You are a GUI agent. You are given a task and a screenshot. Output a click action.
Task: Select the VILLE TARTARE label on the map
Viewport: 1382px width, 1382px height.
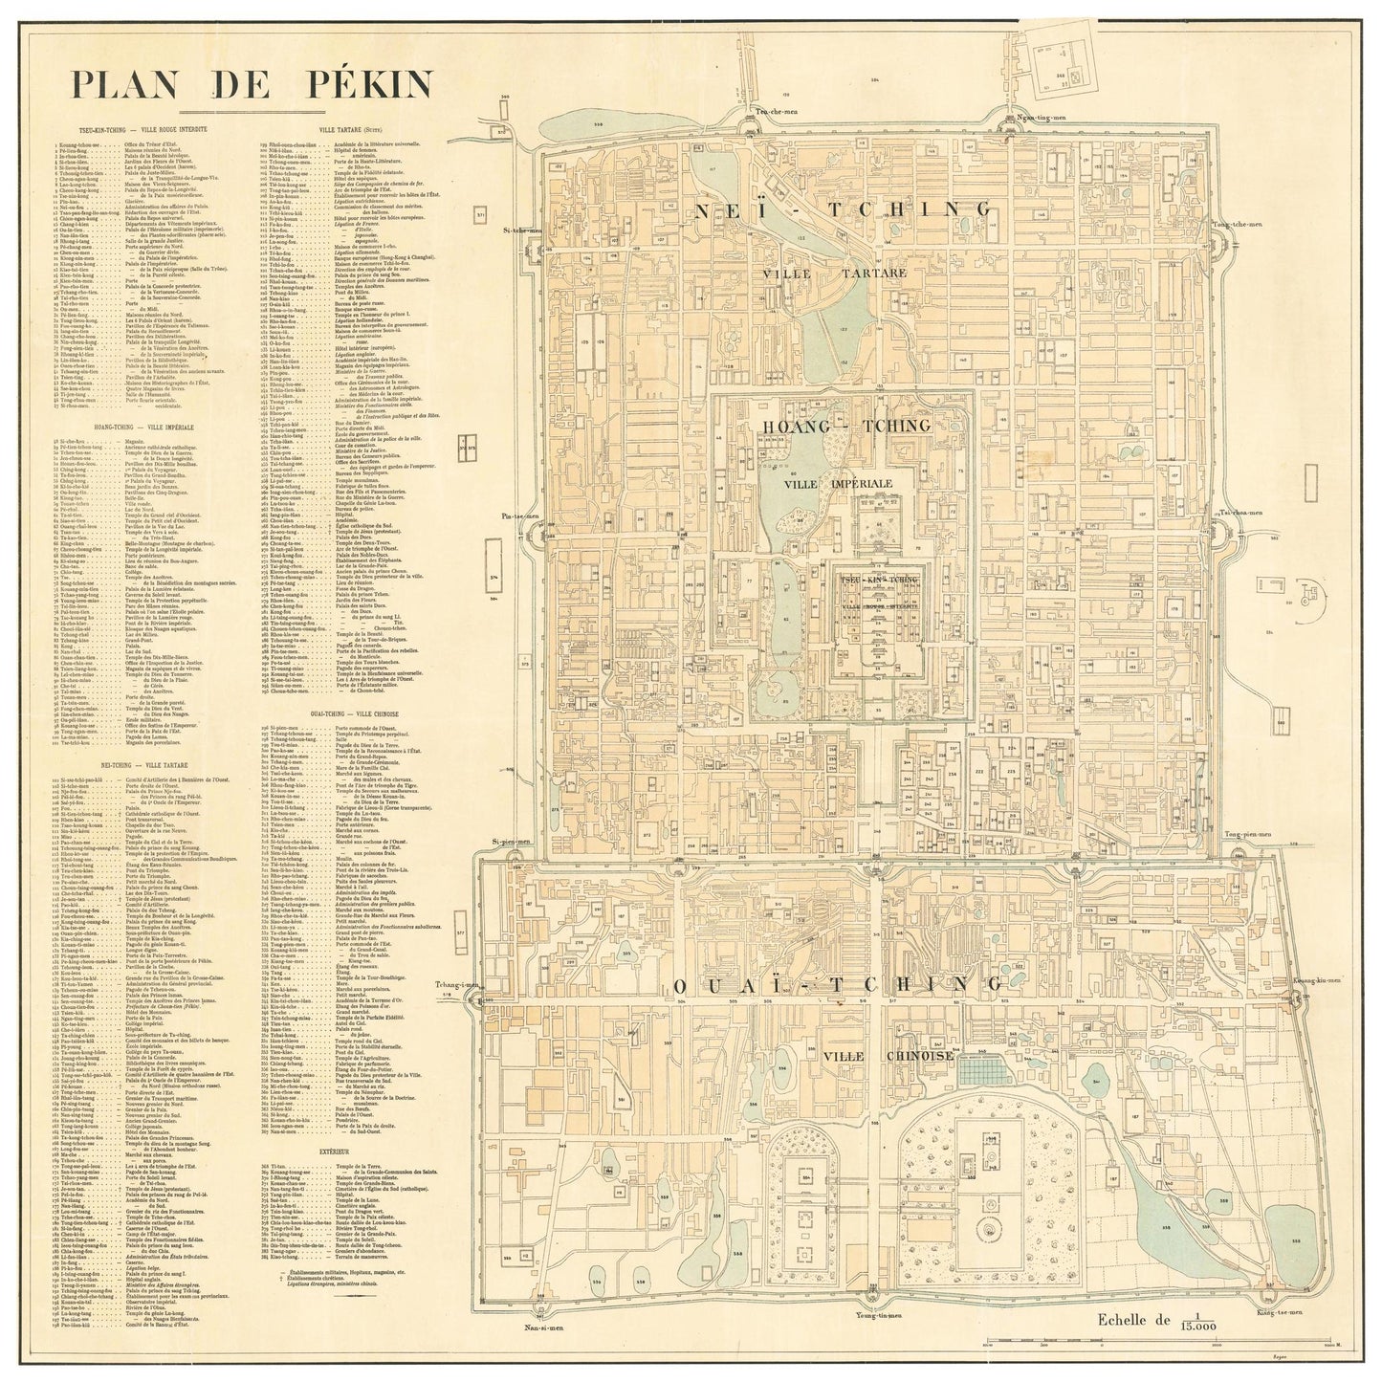[x=835, y=274]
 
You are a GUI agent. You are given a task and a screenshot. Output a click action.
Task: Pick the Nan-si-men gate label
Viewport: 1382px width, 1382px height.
[x=542, y=1327]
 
